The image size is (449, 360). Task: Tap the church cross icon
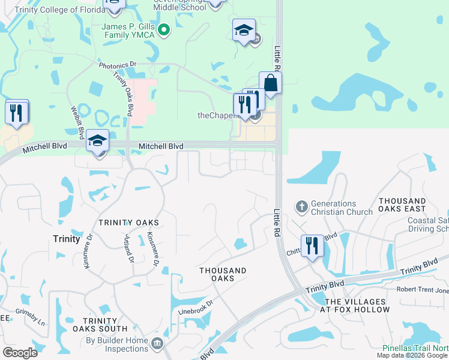[301, 208]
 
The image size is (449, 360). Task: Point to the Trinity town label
[66, 239]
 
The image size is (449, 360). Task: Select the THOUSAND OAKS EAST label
[402, 205]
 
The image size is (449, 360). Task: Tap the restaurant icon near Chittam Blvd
[312, 246]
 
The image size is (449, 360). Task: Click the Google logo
[20, 353]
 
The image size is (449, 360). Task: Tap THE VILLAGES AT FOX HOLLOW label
[357, 305]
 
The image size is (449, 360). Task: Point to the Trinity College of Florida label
[48, 10]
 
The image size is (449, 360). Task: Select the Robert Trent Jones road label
[422, 290]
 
